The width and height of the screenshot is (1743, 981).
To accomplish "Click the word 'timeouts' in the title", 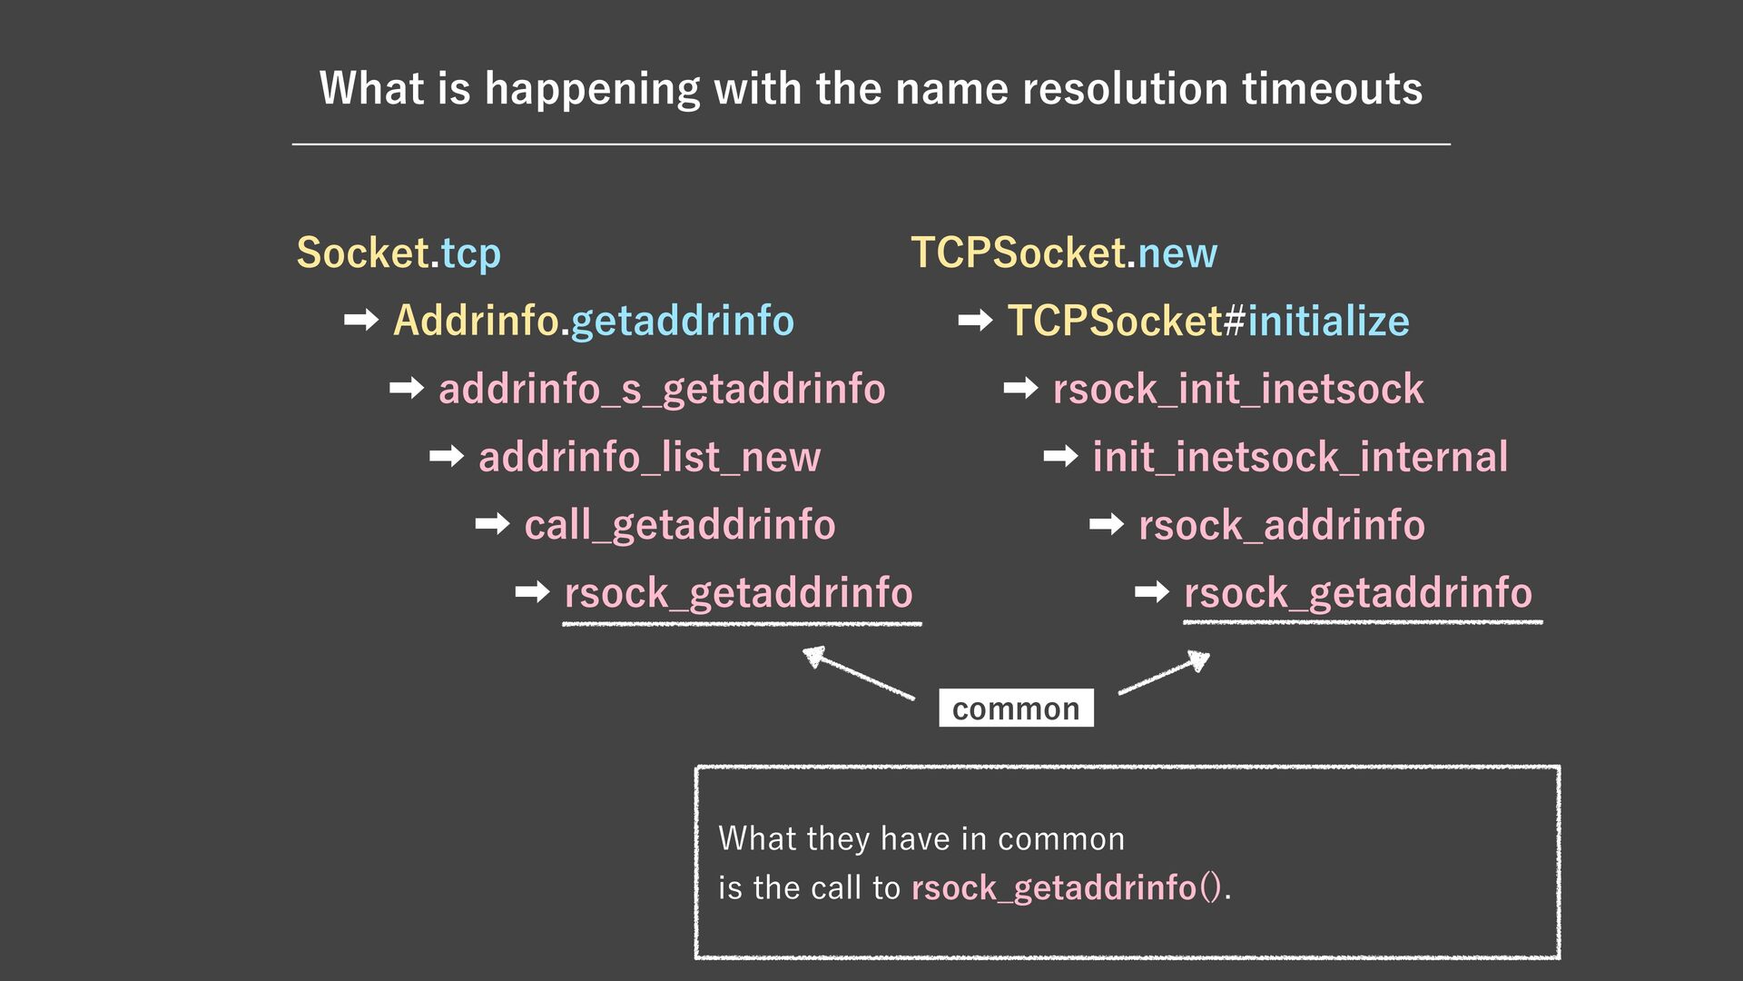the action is pos(1332,89).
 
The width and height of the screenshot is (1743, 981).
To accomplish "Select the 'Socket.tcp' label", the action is pos(399,253).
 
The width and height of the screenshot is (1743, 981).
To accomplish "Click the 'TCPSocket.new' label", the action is pos(1064,253).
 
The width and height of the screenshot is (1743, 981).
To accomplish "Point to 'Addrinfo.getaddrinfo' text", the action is pos(594,321).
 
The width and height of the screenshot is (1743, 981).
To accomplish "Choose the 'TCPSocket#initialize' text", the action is pos(1208,321).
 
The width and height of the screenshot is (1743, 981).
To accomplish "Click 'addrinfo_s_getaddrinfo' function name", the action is pos(662,390).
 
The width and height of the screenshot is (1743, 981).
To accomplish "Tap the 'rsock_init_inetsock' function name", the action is pos(1238,390).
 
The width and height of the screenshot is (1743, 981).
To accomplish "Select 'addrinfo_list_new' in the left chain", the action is pos(649,457).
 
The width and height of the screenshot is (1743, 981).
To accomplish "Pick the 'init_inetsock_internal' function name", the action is pos(1300,457).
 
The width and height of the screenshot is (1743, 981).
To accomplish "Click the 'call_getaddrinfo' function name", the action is pos(680,525).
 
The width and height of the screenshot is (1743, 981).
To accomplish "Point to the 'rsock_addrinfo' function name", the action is pos(1282,525).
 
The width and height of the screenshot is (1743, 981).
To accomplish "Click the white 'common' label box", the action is pos(1016,708).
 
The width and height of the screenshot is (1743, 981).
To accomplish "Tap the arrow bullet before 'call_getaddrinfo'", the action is pos(492,524).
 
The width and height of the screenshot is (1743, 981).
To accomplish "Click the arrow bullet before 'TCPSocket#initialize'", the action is pos(975,320).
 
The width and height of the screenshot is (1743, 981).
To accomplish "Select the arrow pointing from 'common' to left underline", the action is pos(858,672).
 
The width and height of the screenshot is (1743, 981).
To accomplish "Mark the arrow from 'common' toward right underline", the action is pos(1165,673).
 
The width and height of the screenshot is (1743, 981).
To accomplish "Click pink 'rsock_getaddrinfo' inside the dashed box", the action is pos(1054,887).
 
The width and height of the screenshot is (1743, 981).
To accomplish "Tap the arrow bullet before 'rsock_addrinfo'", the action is pos(1106,524).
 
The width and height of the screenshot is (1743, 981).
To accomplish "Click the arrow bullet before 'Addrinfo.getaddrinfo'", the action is pos(361,320).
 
